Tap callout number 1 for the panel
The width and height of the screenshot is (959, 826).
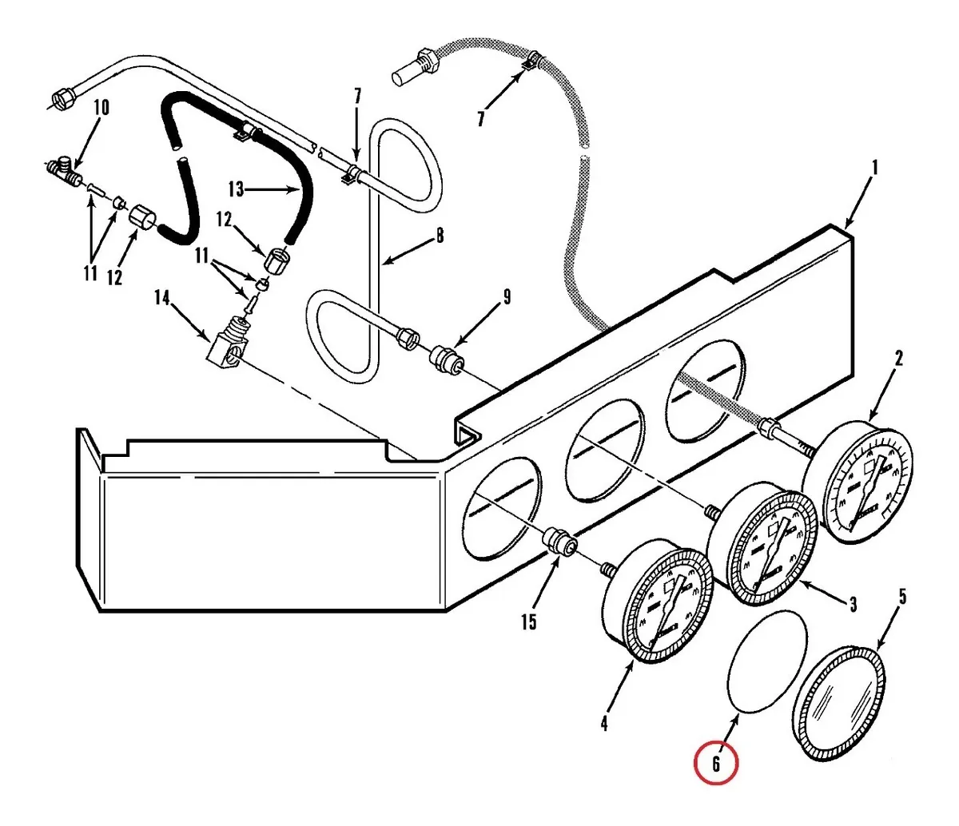(x=875, y=167)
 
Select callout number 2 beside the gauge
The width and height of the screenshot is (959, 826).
(x=899, y=358)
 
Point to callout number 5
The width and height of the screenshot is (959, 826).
(x=902, y=597)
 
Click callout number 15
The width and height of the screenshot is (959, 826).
(x=528, y=622)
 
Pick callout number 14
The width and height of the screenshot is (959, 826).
(x=162, y=298)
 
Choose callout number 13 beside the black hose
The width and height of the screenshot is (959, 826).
(x=237, y=189)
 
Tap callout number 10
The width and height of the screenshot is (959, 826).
(x=101, y=108)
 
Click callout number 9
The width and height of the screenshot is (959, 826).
(x=507, y=297)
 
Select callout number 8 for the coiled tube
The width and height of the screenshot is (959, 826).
(x=440, y=236)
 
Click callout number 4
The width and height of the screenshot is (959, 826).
(x=603, y=723)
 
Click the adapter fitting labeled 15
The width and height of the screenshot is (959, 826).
(x=560, y=541)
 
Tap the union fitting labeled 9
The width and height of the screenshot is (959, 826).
(x=446, y=359)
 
